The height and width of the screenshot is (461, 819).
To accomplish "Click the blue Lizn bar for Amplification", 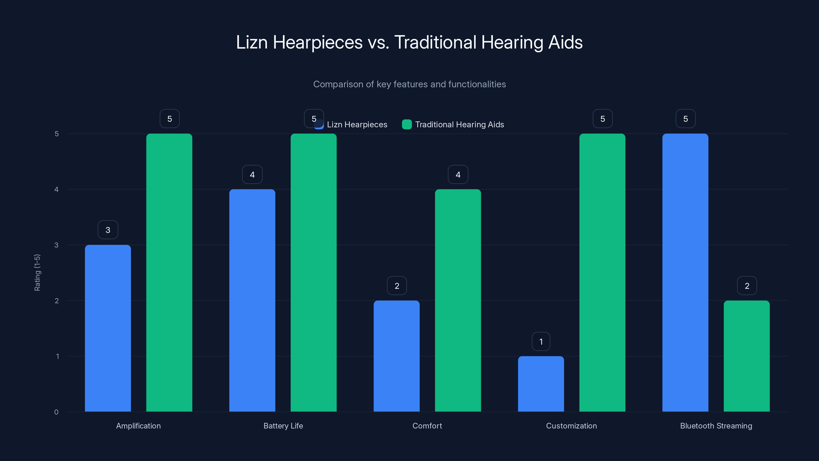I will pos(108,328).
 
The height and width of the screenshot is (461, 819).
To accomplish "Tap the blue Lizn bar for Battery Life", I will pos(252,300).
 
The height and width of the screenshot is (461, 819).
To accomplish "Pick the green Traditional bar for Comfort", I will pos(458,300).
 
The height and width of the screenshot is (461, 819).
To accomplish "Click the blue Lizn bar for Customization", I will pos(541,384).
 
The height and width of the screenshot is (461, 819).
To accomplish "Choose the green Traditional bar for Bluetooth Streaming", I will pos(747,356).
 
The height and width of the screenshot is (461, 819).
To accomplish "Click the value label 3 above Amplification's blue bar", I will pos(108,230).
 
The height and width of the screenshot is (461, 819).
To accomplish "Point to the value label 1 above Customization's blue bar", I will pos(541,341).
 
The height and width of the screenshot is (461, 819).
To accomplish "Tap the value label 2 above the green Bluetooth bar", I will pos(747,286).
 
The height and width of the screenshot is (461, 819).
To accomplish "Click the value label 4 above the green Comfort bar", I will pos(458,174).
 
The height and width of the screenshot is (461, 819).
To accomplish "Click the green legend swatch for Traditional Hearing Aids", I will pos(407,124).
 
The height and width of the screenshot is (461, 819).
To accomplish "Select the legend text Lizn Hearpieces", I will pos(357,124).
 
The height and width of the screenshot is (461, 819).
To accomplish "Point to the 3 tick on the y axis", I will pos(57,245).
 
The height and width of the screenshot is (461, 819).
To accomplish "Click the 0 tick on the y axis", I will pos(56,412).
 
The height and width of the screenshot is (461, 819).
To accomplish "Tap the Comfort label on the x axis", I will pos(427,426).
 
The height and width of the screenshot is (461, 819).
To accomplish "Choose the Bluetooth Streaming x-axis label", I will pos(716,426).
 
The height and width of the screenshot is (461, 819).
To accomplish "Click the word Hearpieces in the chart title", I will pos(317,42).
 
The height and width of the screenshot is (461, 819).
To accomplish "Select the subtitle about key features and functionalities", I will pos(409,84).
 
